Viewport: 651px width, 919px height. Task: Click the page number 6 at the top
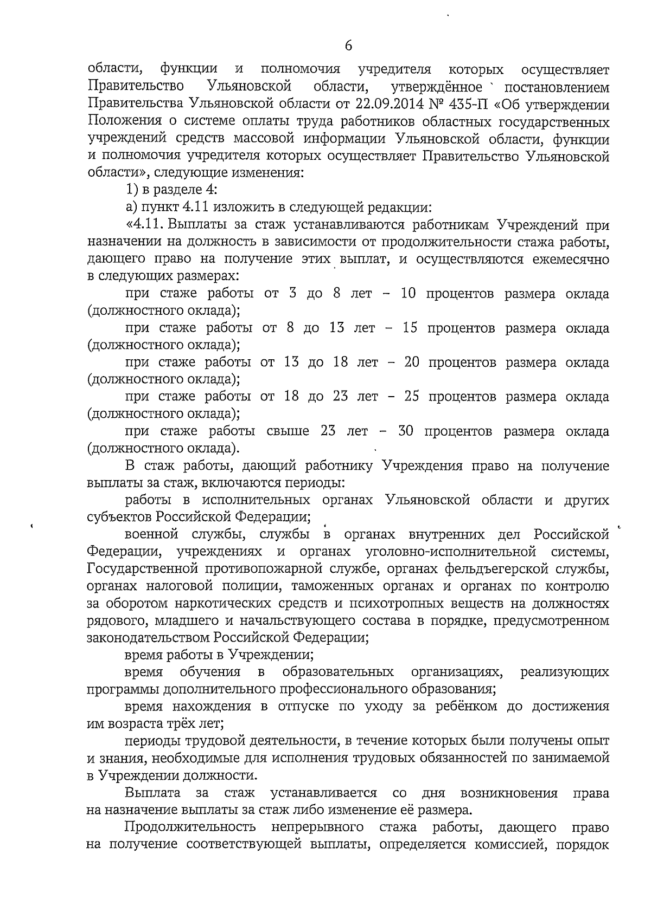[348, 46]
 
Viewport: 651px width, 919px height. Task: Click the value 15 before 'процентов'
[410, 328]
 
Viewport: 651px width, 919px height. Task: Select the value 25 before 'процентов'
[412, 397]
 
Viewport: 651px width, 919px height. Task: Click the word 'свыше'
[288, 431]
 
